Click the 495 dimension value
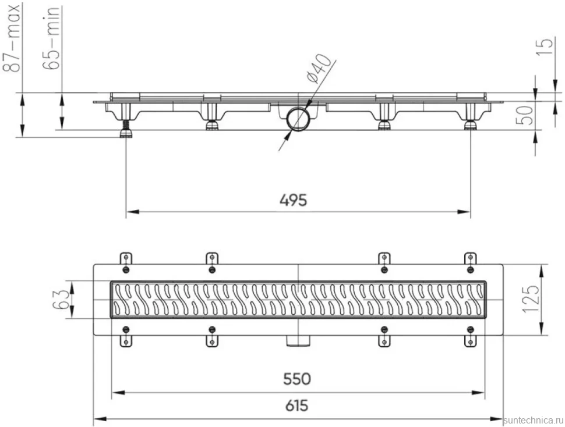tap(294, 200)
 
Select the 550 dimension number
tap(297, 379)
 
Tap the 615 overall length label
tap(297, 406)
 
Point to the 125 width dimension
tap(532, 299)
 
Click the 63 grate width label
tap(60, 299)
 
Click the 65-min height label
tap(51, 38)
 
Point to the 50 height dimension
tap(526, 115)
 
